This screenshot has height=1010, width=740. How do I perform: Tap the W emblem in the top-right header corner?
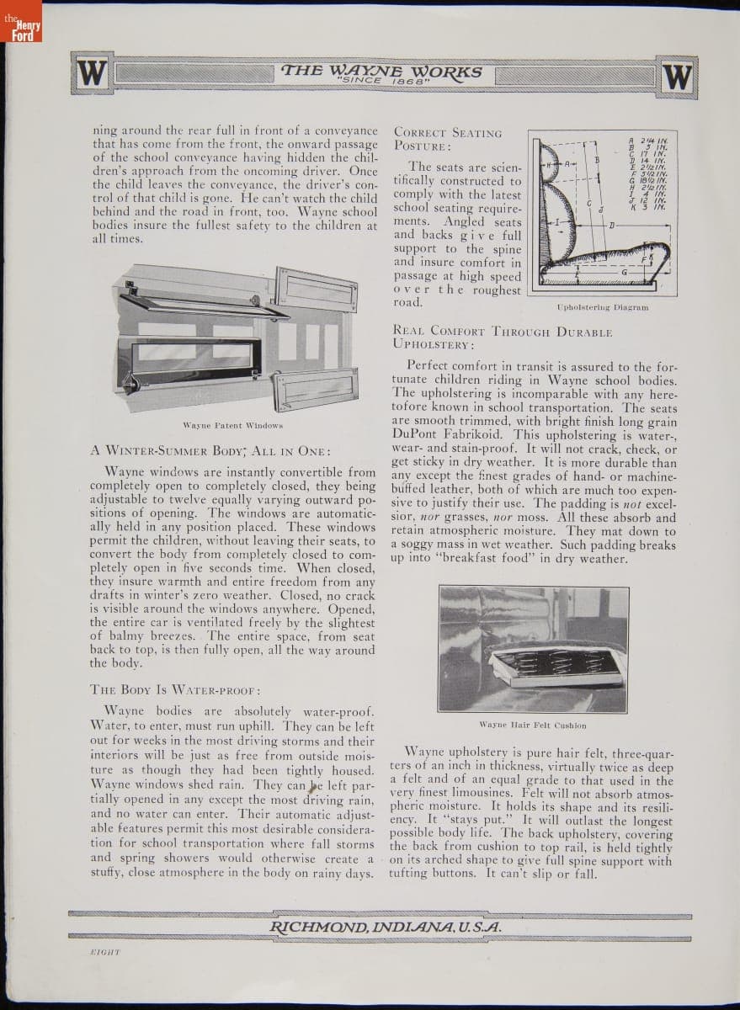click(678, 77)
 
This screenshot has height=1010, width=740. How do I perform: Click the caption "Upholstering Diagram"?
click(603, 308)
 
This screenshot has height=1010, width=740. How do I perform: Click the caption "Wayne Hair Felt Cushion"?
click(533, 725)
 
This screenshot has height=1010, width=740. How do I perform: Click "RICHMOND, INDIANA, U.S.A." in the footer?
click(386, 927)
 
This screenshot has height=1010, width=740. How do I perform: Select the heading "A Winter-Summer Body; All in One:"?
click(210, 449)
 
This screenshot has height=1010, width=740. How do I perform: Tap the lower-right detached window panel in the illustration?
click(316, 389)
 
